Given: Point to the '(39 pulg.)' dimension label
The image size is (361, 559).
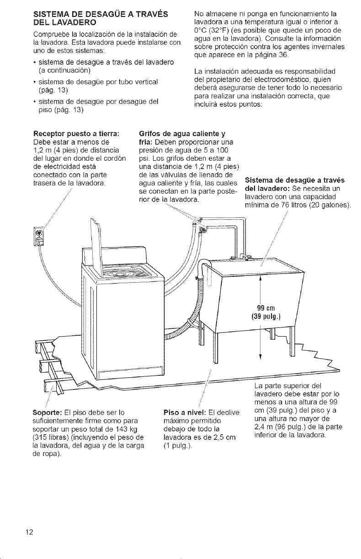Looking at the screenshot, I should coord(266,317).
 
